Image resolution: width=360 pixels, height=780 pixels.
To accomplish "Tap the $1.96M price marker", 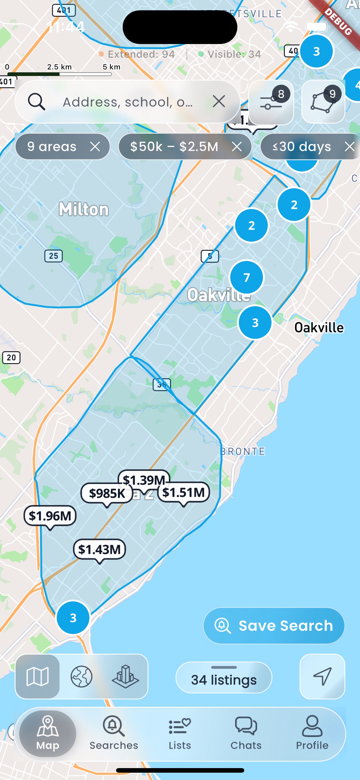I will click(x=50, y=516).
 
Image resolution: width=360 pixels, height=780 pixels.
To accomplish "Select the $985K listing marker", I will click(x=107, y=493).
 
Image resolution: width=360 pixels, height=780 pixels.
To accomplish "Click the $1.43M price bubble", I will click(x=100, y=549).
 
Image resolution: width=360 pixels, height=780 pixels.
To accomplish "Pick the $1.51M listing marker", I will click(x=184, y=492).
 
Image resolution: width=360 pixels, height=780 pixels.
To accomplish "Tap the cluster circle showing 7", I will click(x=246, y=277).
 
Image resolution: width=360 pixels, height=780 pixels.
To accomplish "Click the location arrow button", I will click(x=322, y=676).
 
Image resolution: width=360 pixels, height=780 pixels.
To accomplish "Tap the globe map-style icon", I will click(x=82, y=676).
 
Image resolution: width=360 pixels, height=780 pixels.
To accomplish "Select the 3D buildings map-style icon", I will click(x=125, y=676).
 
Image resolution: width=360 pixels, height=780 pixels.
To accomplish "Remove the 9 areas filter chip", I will click(x=95, y=146).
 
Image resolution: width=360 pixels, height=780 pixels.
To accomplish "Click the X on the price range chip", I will click(x=237, y=146).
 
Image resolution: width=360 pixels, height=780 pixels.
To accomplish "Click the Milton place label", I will click(x=84, y=209).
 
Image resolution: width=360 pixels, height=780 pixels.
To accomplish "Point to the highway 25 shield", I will click(x=53, y=256).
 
